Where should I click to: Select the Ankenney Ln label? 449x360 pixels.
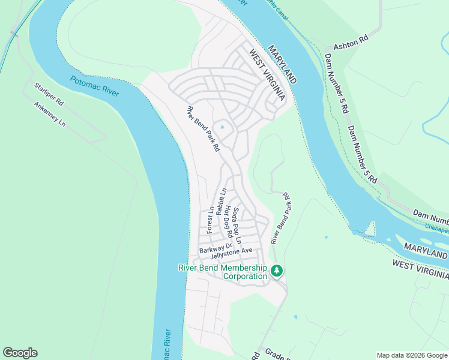(x=50, y=115)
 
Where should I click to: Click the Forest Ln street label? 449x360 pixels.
(x=210, y=221)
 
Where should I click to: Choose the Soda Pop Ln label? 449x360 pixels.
(x=237, y=225)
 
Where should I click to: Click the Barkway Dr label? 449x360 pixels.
(x=215, y=247)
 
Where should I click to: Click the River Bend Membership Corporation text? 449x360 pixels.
(x=223, y=272)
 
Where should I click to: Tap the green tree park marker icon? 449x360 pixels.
(x=277, y=271)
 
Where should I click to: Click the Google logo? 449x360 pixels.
(x=20, y=353)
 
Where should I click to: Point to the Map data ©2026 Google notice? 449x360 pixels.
(x=411, y=355)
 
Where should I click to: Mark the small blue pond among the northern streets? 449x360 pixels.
(x=222, y=127)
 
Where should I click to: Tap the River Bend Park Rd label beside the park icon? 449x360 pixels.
(x=280, y=218)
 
